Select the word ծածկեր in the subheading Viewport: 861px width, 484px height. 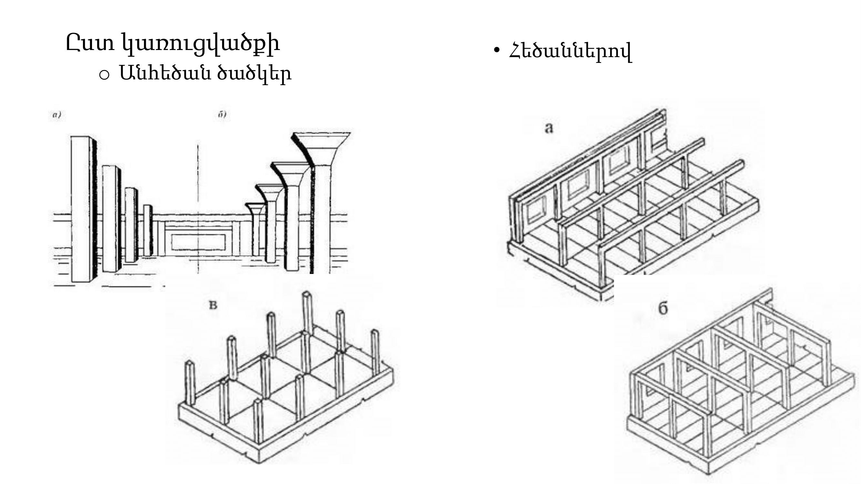tap(254, 74)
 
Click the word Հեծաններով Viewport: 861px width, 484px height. tap(570, 51)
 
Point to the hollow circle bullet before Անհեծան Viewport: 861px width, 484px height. tap(104, 75)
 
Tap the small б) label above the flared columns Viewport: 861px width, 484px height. tap(222, 115)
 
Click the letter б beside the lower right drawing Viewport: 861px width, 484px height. tap(663, 308)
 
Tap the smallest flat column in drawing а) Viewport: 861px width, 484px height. tap(147, 230)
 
